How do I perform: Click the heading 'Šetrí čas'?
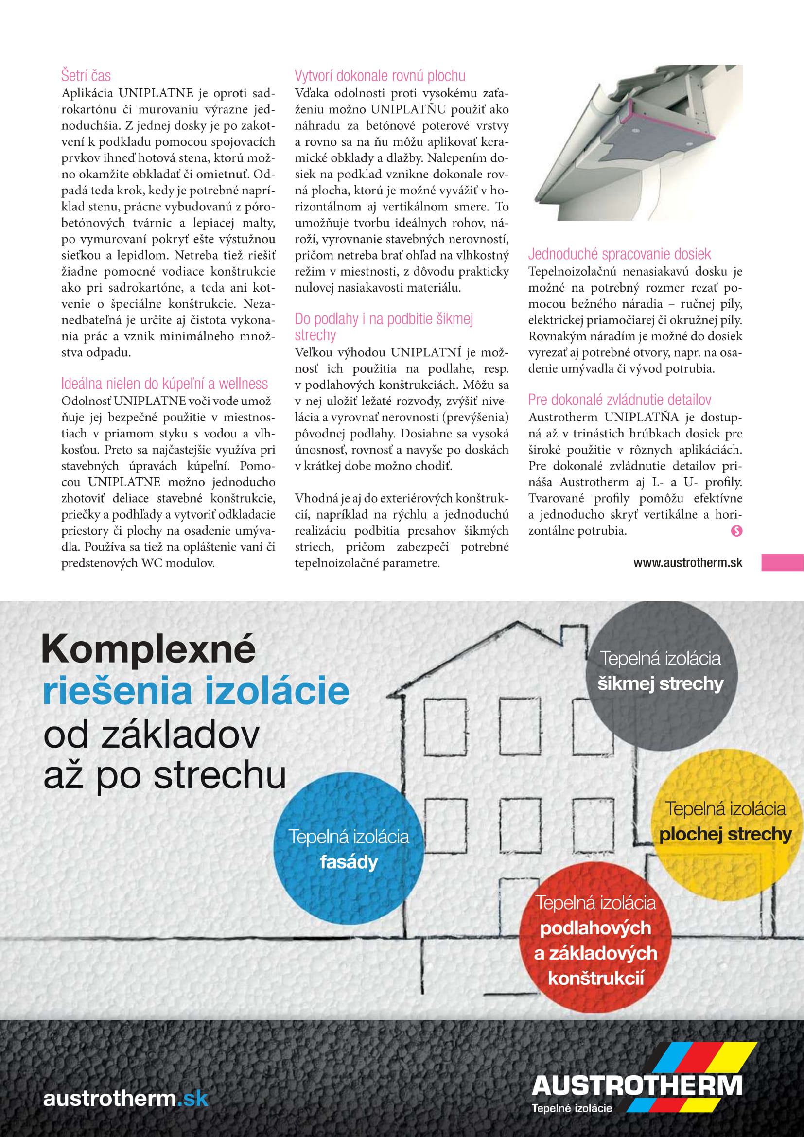86,76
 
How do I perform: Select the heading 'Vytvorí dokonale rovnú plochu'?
380,76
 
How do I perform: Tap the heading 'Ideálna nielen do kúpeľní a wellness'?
164,384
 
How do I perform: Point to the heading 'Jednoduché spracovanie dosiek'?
619,254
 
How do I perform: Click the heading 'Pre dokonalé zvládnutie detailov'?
619,400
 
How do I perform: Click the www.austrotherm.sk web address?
688,563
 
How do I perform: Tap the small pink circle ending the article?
736,531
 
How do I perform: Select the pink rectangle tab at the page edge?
782,562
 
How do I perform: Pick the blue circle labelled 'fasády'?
349,849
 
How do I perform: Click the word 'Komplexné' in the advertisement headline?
149,649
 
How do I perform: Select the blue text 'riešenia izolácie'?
196,691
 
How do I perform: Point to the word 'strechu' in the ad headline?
220,775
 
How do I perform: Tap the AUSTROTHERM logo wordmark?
637,1085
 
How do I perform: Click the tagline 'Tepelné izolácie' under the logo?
571,1108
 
